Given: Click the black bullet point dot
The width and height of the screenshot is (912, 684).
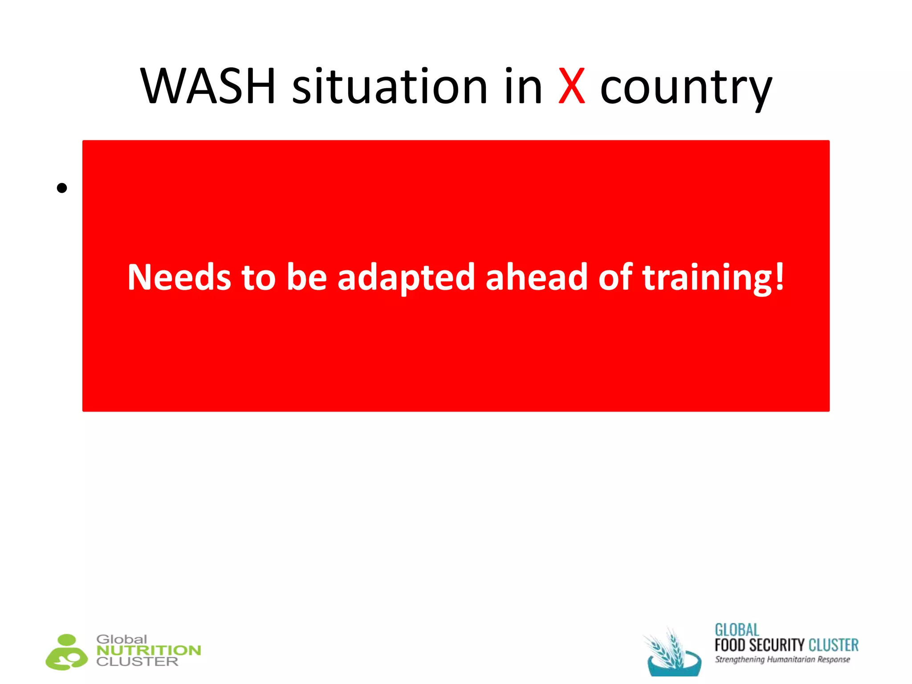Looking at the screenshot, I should tap(62, 188).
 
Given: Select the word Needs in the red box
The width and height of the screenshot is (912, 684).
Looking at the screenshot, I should tap(179, 277).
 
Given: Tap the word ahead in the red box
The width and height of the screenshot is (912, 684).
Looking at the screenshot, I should tap(536, 277).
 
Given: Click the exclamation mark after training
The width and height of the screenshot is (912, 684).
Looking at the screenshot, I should tap(779, 276).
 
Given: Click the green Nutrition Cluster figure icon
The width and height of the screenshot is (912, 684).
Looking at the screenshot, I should tap(67, 652).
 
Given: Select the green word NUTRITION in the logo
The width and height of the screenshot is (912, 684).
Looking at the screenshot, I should tap(149, 651).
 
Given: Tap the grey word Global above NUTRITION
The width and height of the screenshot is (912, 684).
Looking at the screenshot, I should tap(122, 639).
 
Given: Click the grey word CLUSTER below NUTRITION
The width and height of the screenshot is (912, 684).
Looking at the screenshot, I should tap(137, 662).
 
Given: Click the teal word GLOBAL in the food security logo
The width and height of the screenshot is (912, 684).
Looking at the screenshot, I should tap(737, 630).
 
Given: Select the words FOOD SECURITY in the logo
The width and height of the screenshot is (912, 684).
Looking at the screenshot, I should tap(759, 645).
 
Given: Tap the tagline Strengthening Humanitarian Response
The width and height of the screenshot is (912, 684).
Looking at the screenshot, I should tap(782, 660).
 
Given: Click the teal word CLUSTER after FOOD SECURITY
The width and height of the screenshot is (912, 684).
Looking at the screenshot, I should tap(833, 645).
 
